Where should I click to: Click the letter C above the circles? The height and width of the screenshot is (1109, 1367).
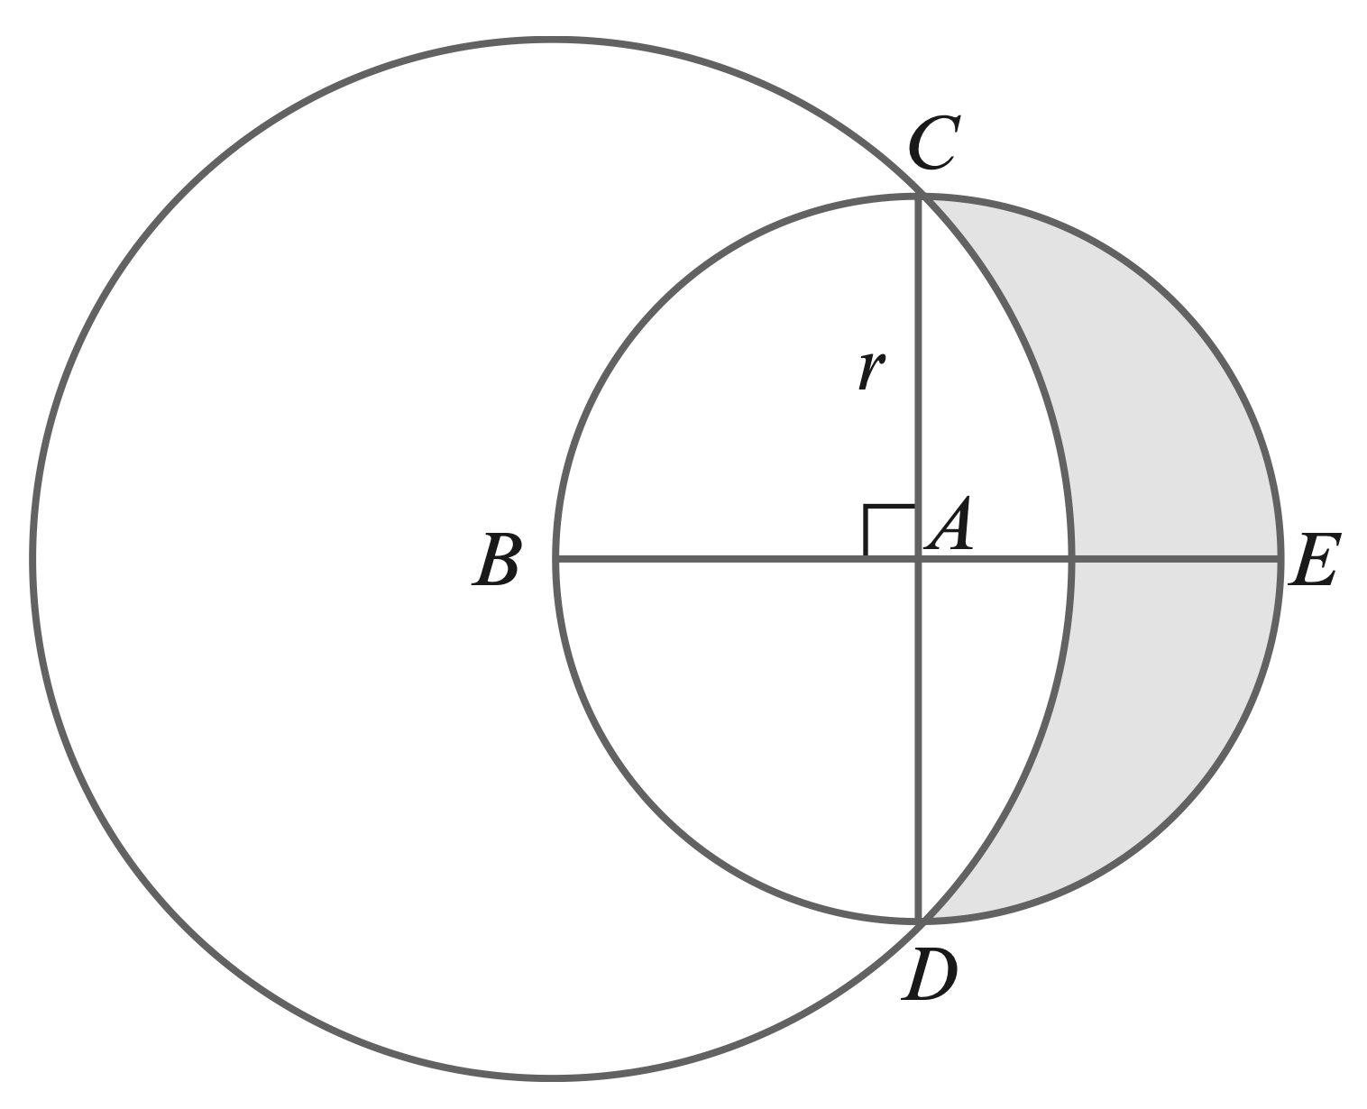click(932, 143)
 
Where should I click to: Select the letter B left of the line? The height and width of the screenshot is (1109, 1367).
click(496, 560)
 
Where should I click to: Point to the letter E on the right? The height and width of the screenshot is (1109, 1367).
click(1314, 560)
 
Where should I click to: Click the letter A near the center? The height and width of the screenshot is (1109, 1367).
click(950, 524)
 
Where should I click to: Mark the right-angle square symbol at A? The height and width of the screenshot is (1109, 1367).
click(889, 531)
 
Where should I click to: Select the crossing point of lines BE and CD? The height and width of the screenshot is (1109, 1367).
click(919, 560)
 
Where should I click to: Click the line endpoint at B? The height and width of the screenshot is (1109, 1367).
click(557, 560)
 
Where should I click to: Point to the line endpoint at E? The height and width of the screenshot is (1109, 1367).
click(1280, 560)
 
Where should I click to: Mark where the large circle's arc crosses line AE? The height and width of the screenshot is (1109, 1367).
click(1071, 560)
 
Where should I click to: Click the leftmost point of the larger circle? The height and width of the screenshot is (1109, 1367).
click(32, 559)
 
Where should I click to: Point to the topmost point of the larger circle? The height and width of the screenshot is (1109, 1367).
click(552, 40)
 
